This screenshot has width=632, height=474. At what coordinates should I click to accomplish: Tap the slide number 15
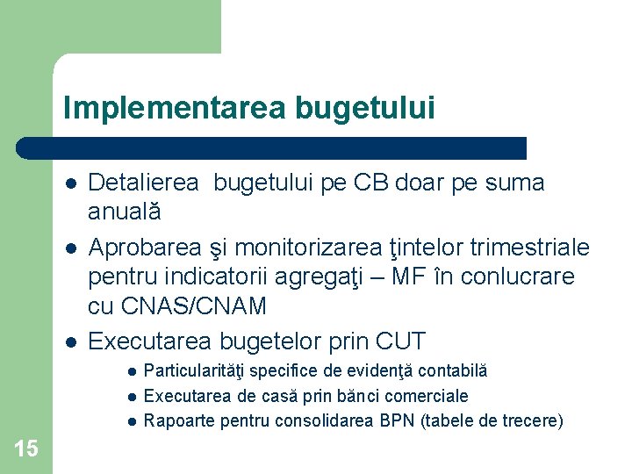coord(26,449)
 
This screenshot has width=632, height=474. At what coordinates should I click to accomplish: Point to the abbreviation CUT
coord(399,341)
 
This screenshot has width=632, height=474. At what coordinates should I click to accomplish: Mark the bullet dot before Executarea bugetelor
coord(69,341)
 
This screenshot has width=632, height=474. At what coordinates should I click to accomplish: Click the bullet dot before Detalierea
coord(69,183)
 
